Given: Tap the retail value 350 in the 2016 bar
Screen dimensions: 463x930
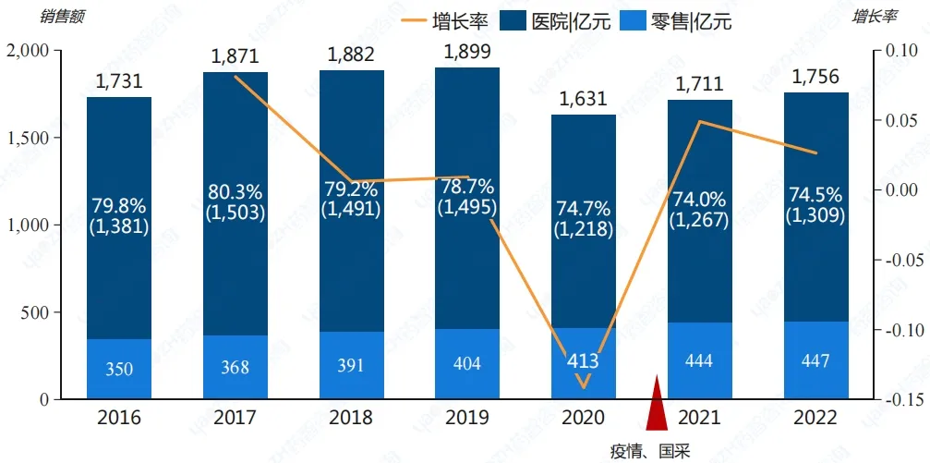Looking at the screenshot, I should click(119, 369).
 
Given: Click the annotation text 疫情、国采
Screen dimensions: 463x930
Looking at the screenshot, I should click(650, 451).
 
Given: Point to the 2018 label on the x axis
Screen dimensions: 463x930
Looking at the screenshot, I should click(352, 418).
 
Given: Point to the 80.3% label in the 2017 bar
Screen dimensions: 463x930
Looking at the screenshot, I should click(236, 192).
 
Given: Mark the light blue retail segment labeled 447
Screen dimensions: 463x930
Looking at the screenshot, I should click(816, 361).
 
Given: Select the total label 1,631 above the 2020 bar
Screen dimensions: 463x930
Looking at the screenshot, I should click(584, 99).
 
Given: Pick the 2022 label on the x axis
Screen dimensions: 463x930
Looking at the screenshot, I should click(816, 418).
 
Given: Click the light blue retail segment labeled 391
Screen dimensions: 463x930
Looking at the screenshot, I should click(352, 366).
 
